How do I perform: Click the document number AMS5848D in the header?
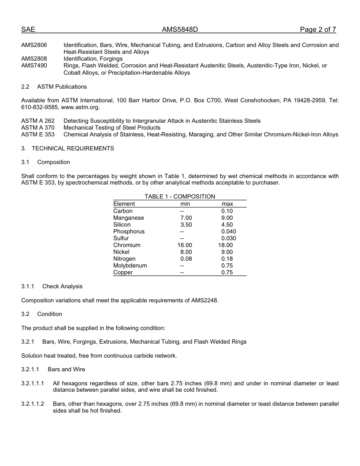(180, 30)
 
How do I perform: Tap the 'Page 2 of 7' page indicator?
(318, 30)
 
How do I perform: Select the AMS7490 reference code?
(34, 66)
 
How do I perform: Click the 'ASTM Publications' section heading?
(62, 87)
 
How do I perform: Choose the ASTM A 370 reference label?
(38, 128)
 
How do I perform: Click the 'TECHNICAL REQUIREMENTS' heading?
(73, 149)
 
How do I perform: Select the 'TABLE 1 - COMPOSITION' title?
(180, 196)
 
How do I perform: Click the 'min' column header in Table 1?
(185, 204)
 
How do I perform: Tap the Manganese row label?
(128, 218)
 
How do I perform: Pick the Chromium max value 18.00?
(225, 245)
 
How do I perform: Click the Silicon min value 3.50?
(186, 225)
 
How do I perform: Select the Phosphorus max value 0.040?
(229, 231)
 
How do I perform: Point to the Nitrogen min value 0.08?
(186, 259)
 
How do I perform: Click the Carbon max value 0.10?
(227, 211)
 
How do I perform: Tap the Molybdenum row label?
(130, 266)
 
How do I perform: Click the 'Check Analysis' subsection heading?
(62, 286)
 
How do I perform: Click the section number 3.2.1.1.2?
(33, 404)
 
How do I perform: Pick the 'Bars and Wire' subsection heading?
(66, 369)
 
